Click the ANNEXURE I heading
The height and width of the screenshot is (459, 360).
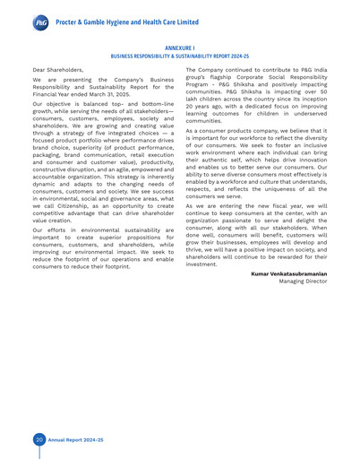coord(179,52)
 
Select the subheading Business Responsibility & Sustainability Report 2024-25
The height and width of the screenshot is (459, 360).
coord(179,61)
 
